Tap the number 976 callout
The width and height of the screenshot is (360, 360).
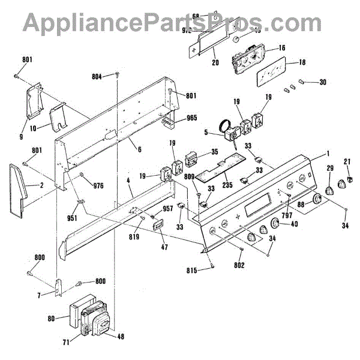98,185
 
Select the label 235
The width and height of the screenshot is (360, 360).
227,185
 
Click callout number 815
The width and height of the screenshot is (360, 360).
203,269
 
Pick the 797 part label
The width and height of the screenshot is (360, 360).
287,207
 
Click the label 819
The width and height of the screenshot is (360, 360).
134,237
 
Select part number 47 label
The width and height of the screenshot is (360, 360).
164,247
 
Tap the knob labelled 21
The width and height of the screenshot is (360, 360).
347,179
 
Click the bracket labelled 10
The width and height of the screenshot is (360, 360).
58,116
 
